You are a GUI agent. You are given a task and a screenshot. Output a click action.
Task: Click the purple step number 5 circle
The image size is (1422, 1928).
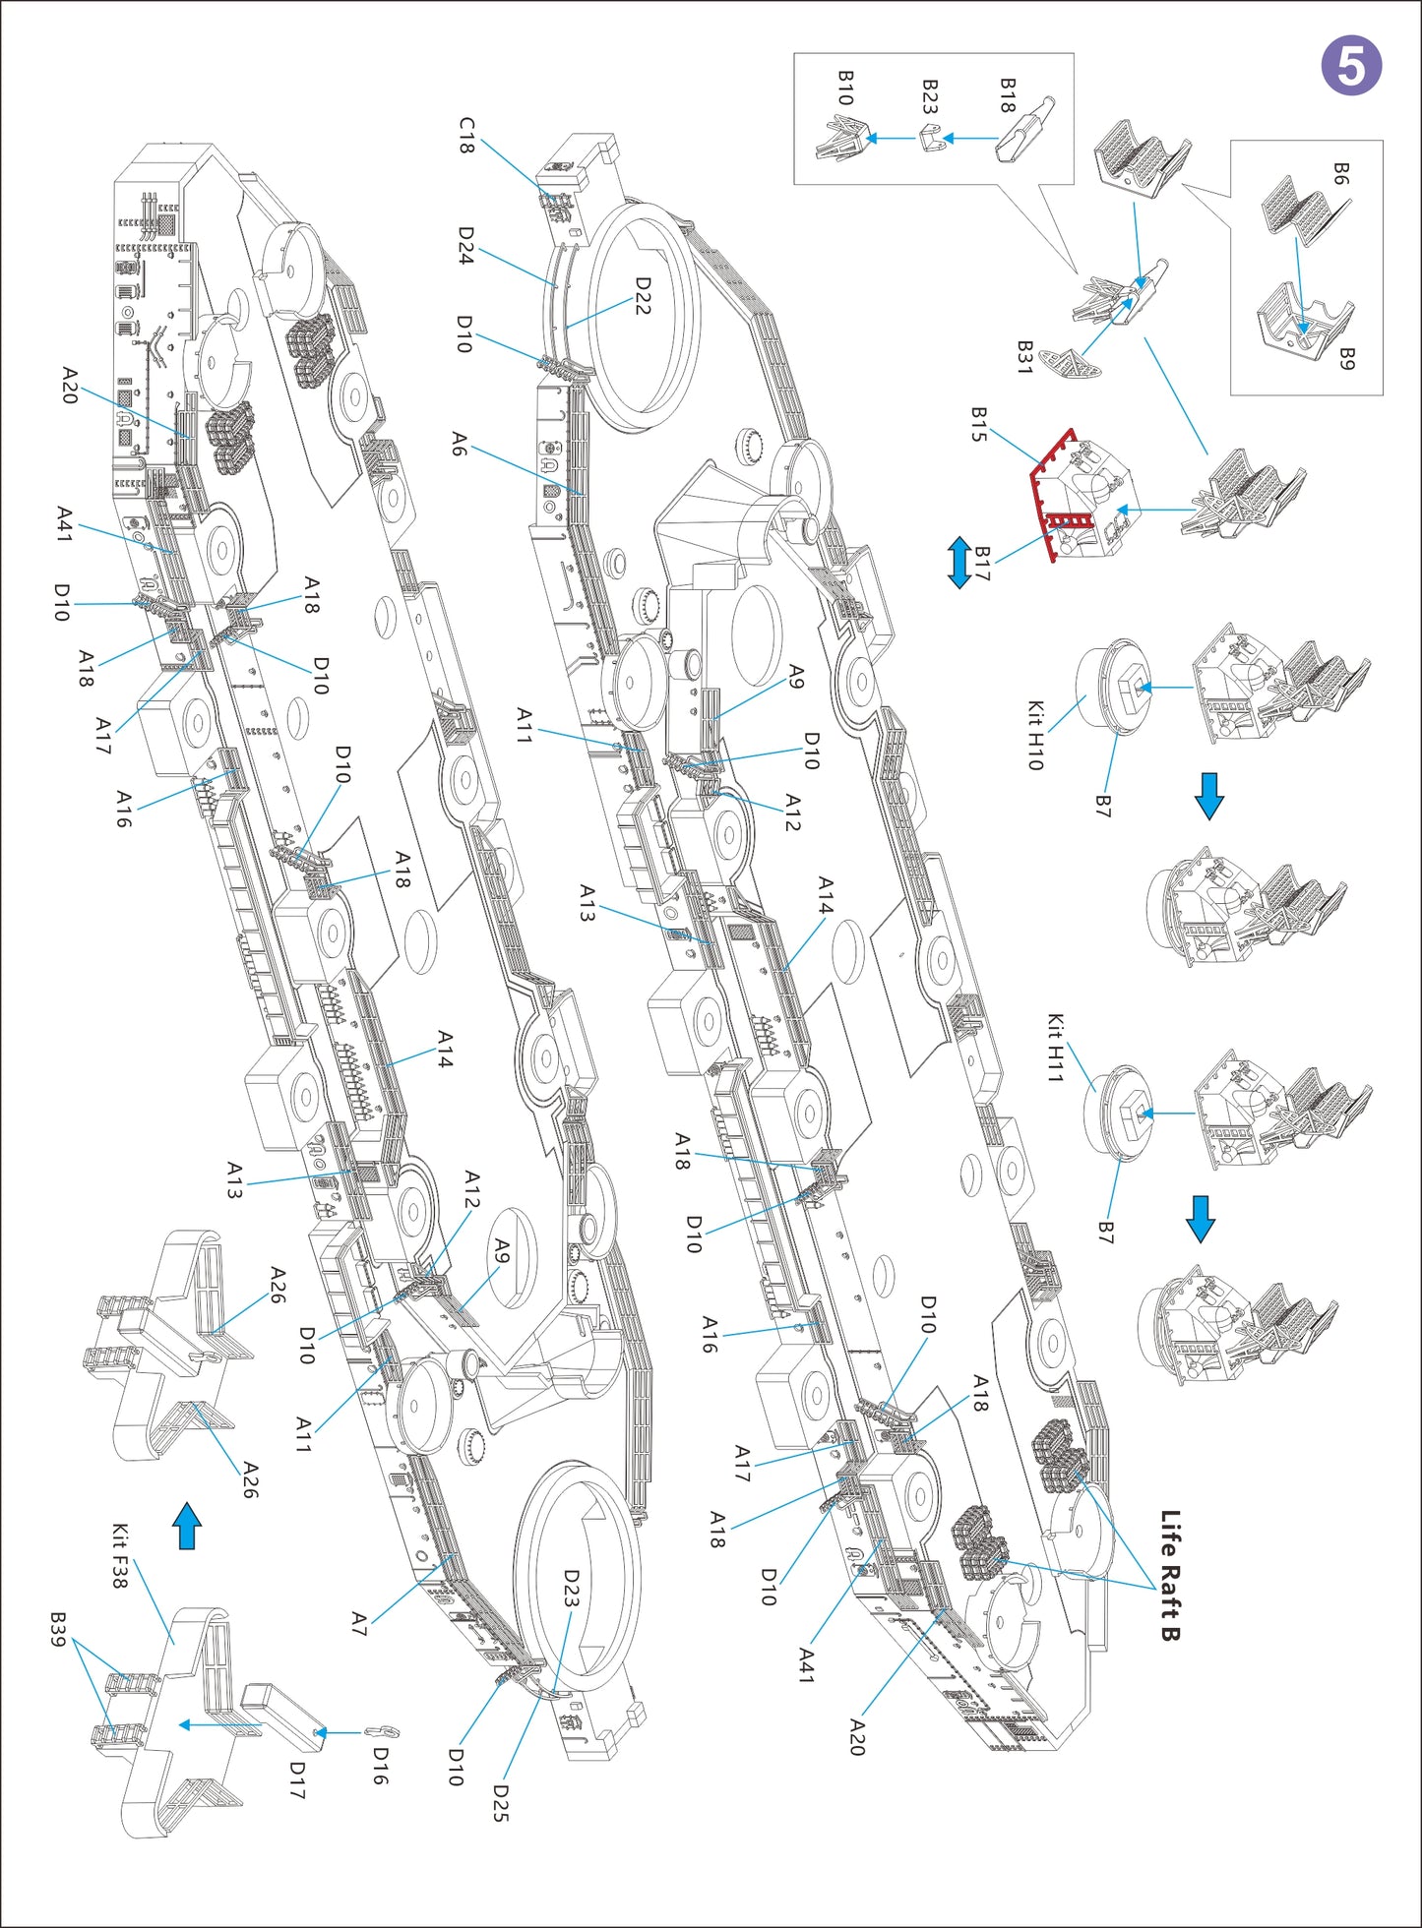click(1351, 66)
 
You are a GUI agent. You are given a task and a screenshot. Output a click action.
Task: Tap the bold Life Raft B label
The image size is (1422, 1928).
click(1169, 1575)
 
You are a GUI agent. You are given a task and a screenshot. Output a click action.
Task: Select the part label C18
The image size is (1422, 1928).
click(466, 136)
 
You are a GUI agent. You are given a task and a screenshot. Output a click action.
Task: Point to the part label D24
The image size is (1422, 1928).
click(466, 245)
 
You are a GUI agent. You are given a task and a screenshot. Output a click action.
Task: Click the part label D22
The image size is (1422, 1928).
click(643, 295)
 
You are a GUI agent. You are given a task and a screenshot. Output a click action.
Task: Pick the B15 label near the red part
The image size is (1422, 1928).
click(978, 424)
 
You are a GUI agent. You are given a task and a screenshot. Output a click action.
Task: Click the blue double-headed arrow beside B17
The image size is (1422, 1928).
click(958, 563)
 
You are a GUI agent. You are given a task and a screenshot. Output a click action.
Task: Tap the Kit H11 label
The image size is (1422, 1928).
click(1054, 1048)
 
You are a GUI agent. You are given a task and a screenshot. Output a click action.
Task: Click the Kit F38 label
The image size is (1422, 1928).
click(119, 1555)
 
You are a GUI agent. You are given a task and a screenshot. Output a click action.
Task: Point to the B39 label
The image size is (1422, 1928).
click(58, 1630)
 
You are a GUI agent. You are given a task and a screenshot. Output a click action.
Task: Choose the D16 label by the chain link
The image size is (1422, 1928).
click(380, 1766)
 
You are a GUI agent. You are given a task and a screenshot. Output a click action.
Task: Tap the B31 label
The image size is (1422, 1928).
click(1024, 357)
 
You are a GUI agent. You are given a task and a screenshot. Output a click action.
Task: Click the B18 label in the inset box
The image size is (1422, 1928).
click(1007, 95)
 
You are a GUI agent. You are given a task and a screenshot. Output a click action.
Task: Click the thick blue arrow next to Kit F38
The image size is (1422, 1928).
click(187, 1526)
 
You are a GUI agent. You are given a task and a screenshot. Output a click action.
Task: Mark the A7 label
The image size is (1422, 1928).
click(359, 1623)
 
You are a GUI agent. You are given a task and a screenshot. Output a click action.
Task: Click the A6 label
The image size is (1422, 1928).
click(459, 444)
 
